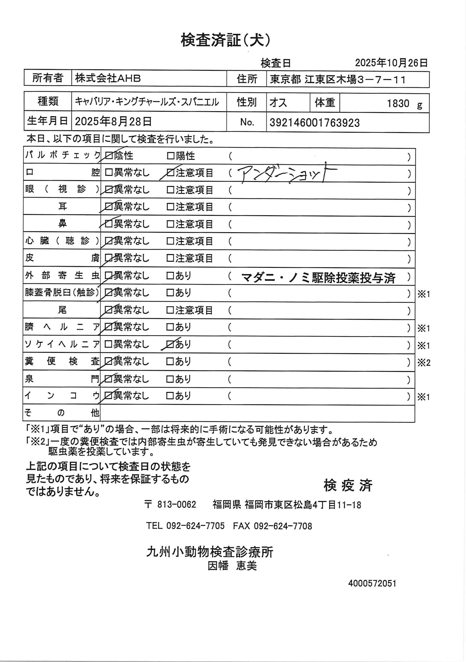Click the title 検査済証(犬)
click(226, 40)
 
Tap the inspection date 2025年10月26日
click(391, 63)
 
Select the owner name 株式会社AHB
click(108, 79)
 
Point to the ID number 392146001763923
click(314, 123)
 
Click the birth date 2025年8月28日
click(113, 122)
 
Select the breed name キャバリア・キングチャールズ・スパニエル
click(147, 102)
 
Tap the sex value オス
click(278, 103)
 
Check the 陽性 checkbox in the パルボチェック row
click(170, 156)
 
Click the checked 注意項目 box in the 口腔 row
click(170, 173)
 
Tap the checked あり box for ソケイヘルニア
click(170, 344)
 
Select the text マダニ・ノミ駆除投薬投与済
click(318, 278)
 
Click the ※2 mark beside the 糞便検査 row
click(423, 363)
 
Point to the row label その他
click(62, 413)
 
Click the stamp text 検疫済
click(348, 486)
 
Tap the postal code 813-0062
click(177, 505)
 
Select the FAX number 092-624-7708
click(283, 526)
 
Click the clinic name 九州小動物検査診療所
click(210, 552)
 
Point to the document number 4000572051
click(372, 583)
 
